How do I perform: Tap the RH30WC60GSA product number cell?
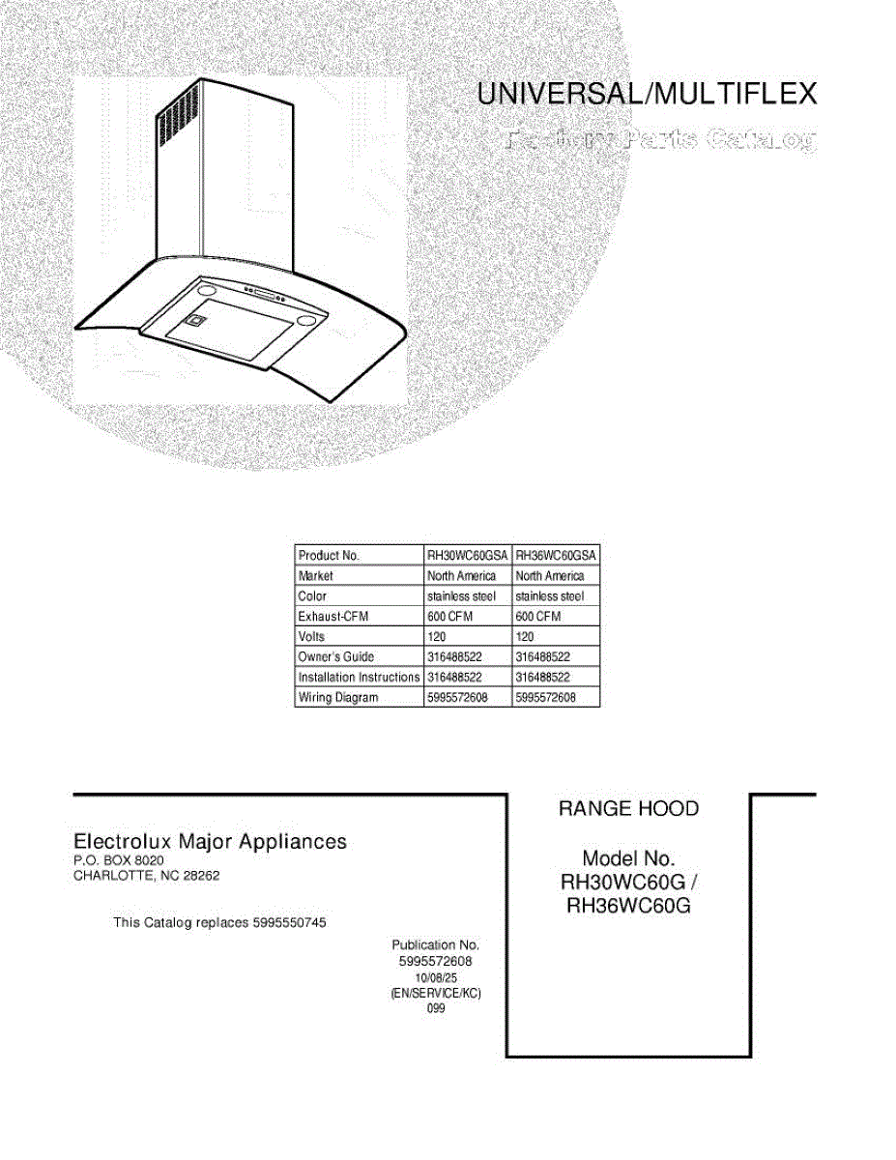pyautogui.click(x=467, y=556)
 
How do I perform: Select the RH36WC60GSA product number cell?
pyautogui.click(x=556, y=556)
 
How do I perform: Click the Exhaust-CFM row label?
pyautogui.click(x=333, y=617)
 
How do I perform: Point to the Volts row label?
pyautogui.click(x=312, y=637)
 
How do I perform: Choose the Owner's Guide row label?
pyautogui.click(x=336, y=657)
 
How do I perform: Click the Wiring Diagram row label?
pyautogui.click(x=338, y=698)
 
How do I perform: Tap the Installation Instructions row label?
pyautogui.click(x=359, y=678)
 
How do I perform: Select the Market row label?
pyautogui.click(x=316, y=576)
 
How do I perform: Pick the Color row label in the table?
pyautogui.click(x=313, y=596)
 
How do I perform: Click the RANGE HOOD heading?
pyautogui.click(x=628, y=809)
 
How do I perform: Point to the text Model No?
pyautogui.click(x=628, y=858)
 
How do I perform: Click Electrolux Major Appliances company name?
pyautogui.click(x=211, y=842)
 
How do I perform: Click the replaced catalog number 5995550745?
pyautogui.click(x=288, y=923)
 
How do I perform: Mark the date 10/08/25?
pyautogui.click(x=435, y=978)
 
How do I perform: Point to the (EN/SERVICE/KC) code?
pyautogui.click(x=435, y=994)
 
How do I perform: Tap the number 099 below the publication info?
pyautogui.click(x=435, y=1009)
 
